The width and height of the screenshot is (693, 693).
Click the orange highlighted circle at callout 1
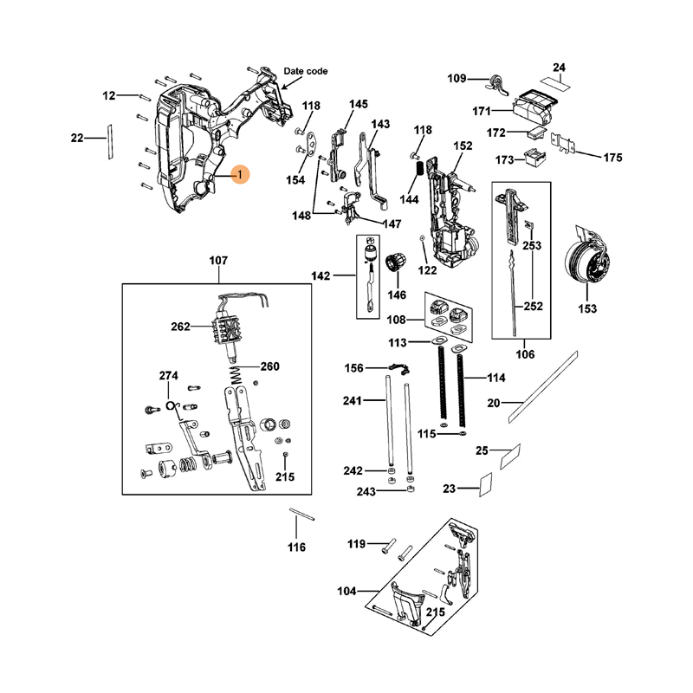pyautogui.click(x=239, y=175)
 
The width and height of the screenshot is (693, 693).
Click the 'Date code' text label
pyautogui.click(x=306, y=71)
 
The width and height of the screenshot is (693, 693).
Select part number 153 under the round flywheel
pyautogui.click(x=587, y=308)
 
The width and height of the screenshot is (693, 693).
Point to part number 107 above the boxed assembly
pyautogui.click(x=218, y=260)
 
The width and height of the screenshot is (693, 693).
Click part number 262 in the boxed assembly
pyautogui.click(x=180, y=327)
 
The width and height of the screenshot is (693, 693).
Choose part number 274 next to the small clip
pyautogui.click(x=168, y=375)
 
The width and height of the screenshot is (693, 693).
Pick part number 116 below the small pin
pyautogui.click(x=297, y=547)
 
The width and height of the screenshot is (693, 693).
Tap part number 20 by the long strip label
pyautogui.click(x=495, y=403)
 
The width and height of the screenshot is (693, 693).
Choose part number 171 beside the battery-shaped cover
pyautogui.click(x=482, y=111)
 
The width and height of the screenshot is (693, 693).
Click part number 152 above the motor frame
pyautogui.click(x=463, y=146)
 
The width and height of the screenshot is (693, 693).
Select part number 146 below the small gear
pyautogui.click(x=397, y=295)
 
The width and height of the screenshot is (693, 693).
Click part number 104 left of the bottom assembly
pyautogui.click(x=346, y=591)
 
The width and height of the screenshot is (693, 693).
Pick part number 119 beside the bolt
pyautogui.click(x=357, y=544)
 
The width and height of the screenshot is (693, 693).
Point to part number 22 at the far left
pyautogui.click(x=77, y=138)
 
